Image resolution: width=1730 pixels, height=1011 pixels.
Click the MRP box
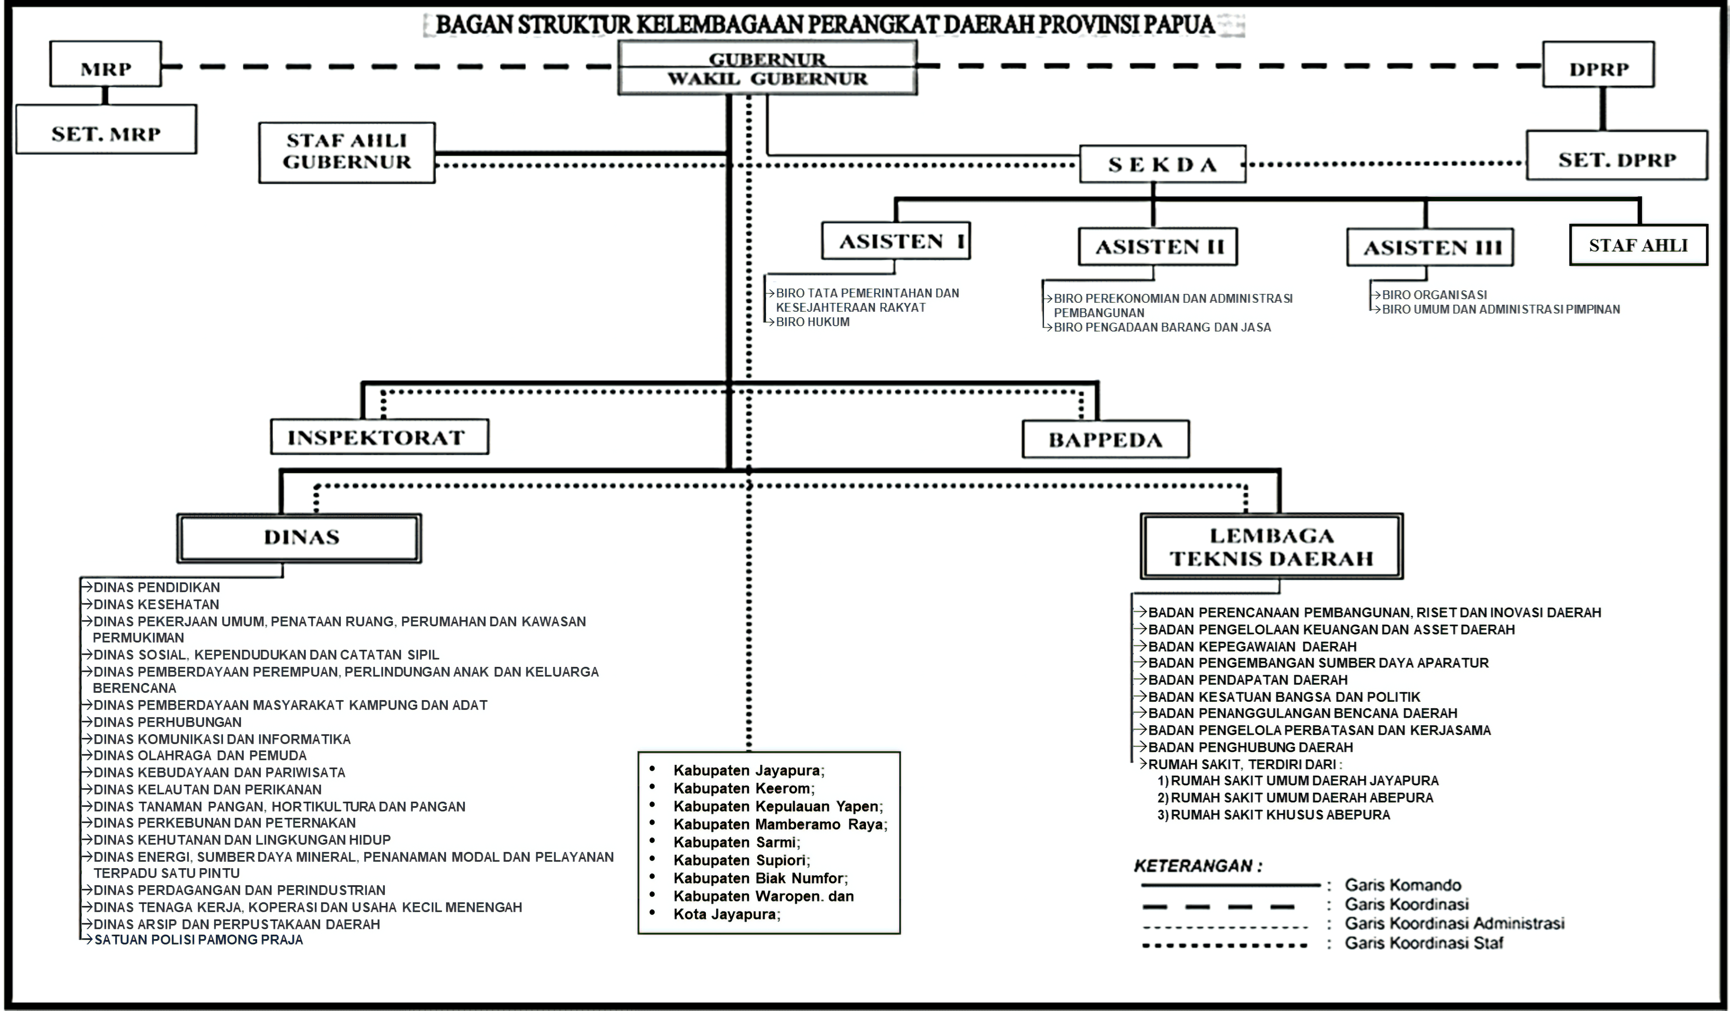[x=106, y=64]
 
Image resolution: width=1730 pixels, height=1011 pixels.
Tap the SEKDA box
[x=1162, y=164]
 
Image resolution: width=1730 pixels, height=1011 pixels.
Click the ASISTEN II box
[x=1158, y=246]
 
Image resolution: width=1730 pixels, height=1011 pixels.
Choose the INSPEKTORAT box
[x=379, y=436]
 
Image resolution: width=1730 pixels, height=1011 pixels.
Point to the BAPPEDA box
[x=1105, y=439]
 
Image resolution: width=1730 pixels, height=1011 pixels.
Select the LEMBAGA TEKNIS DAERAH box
[x=1271, y=546]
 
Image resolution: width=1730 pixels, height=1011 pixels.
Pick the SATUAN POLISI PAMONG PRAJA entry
[x=198, y=940]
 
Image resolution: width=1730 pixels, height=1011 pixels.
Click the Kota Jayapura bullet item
[x=727, y=914]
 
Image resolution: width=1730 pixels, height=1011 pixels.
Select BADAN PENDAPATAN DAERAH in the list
[x=1248, y=679]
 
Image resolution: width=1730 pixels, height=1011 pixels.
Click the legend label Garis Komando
[x=1403, y=885]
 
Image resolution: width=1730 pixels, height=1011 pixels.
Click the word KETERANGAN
[x=1194, y=865]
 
